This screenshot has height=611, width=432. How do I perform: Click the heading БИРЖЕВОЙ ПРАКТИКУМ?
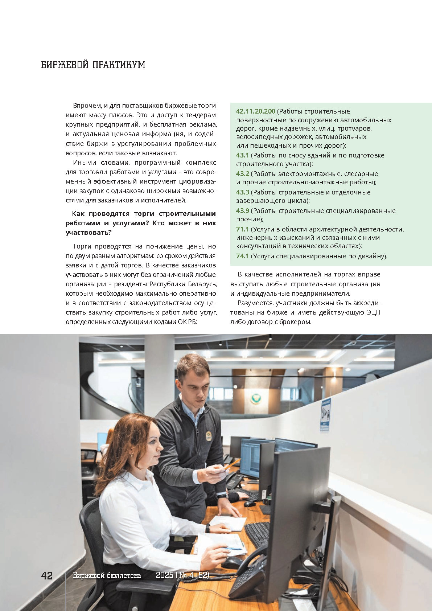pyautogui.click(x=93, y=65)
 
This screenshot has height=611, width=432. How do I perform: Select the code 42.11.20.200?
pyautogui.click(x=255, y=111)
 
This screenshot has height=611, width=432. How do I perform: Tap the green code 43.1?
pyautogui.click(x=242, y=155)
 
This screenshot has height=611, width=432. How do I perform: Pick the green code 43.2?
pyautogui.click(x=242, y=174)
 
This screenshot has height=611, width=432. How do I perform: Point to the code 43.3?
pyautogui.click(x=242, y=192)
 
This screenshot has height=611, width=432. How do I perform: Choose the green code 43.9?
pyautogui.click(x=242, y=211)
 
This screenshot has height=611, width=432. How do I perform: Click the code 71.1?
pyautogui.click(x=242, y=229)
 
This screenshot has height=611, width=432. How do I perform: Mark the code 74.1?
pyautogui.click(x=242, y=256)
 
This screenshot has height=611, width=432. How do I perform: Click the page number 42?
pyautogui.click(x=47, y=575)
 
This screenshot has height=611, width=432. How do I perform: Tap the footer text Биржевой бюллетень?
pyautogui.click(x=107, y=575)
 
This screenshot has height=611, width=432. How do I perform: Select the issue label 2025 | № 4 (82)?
pyautogui.click(x=182, y=575)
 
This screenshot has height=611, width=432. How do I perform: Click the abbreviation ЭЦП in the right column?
pyautogui.click(x=373, y=312)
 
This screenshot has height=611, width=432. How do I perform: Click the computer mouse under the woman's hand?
pyautogui.click(x=232, y=563)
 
